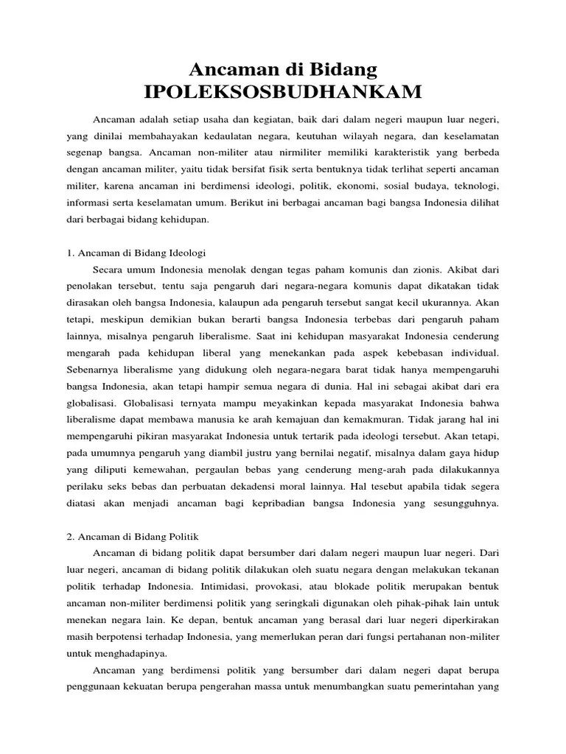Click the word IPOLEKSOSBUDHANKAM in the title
coord(284,92)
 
